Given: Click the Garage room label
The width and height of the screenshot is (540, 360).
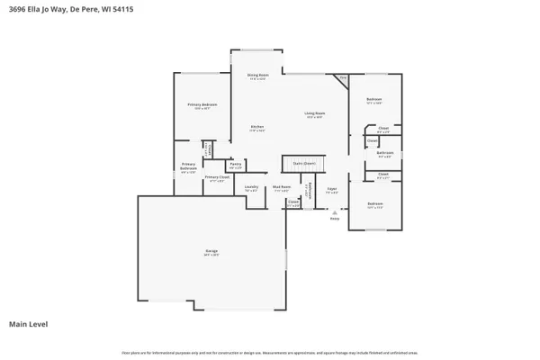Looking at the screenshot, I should point(212,253).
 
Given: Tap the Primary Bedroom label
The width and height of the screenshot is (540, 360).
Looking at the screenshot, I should point(199,106).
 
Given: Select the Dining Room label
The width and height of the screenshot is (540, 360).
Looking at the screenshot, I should point(258,76).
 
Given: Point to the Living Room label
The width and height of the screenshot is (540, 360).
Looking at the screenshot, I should point(314,113).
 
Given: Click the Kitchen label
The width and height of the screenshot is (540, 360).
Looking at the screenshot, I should point(256,127).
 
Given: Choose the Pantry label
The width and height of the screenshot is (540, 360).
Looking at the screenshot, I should point(235,164).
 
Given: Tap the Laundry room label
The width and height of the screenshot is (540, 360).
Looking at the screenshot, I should point(252,188).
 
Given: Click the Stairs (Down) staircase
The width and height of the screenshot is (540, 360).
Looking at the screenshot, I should point(303,163).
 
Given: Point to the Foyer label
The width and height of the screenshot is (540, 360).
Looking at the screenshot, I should point(331,191).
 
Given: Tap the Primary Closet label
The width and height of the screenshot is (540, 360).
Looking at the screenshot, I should point(215,178).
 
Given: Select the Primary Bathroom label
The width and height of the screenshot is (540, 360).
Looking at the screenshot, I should point(188,168).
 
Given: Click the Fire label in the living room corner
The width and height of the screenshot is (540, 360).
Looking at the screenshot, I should point(343,78).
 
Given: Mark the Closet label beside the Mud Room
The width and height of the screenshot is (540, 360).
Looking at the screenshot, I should point(292,202).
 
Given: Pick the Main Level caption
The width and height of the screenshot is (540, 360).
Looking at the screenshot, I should point(28,324).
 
